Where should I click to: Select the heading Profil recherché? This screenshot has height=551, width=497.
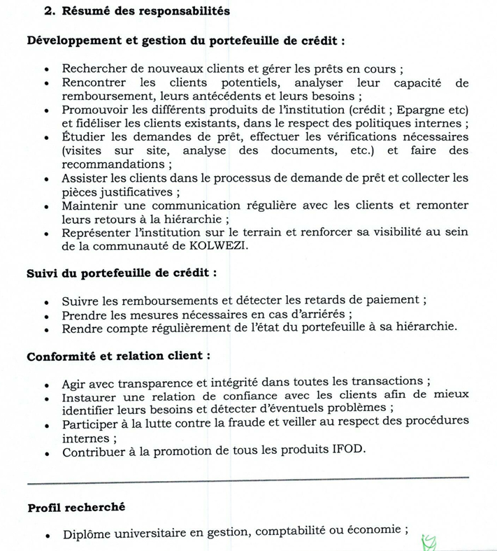tap(76, 507)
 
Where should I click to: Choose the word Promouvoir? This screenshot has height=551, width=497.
tap(96, 110)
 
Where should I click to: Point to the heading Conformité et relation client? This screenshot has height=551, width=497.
tap(118, 356)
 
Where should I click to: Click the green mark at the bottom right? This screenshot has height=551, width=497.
tap(428, 542)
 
